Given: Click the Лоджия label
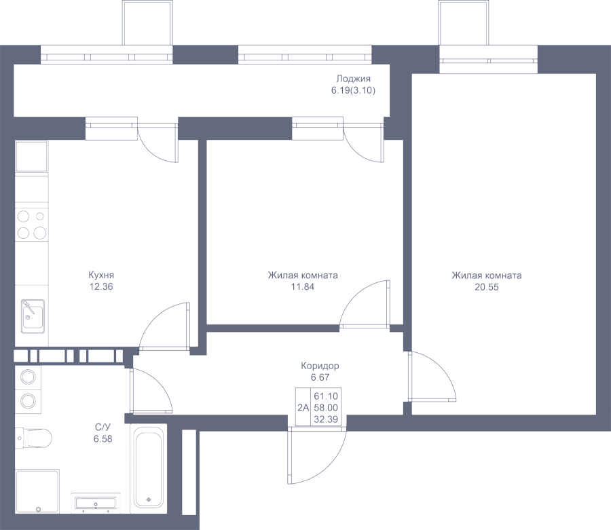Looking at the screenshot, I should [353, 79].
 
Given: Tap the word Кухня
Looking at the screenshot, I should [101, 276].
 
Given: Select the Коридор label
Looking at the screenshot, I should [320, 366].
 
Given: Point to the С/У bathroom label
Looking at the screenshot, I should [103, 428].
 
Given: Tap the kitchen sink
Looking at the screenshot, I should [32, 316].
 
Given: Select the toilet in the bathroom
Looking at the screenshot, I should [34, 438].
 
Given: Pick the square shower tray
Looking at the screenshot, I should [37, 490].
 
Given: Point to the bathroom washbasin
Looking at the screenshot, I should [96, 503].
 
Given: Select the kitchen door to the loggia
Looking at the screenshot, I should [158, 144].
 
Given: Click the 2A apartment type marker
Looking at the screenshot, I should [303, 407].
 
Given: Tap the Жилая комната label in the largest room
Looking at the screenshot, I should [486, 276].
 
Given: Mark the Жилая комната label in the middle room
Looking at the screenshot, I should [303, 276].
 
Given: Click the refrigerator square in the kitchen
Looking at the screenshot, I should [32, 157].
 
